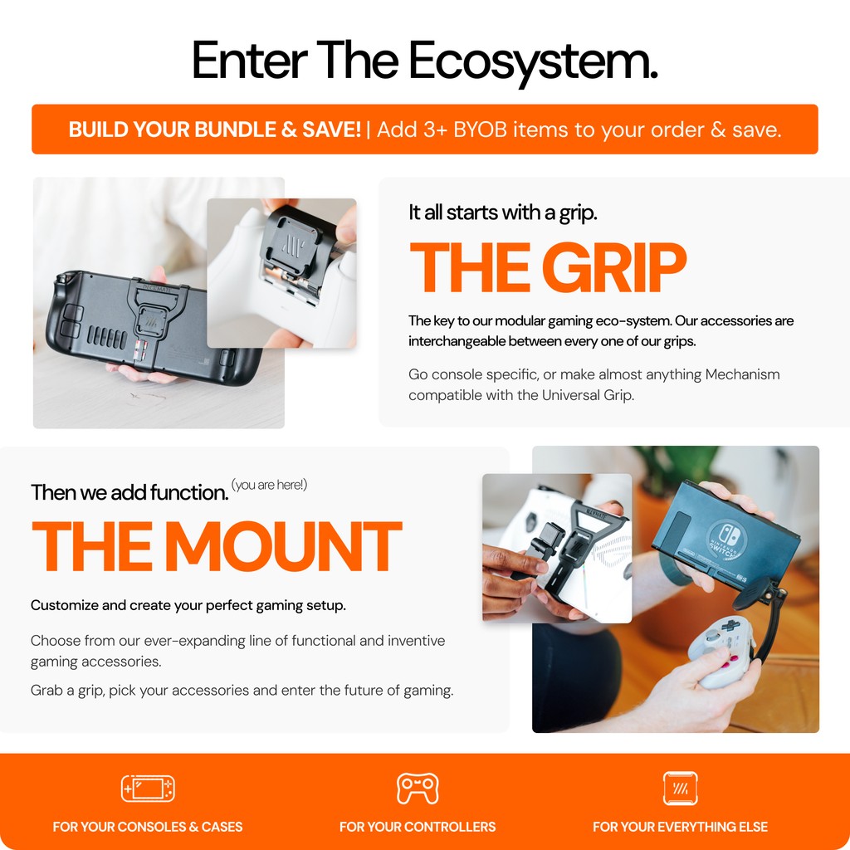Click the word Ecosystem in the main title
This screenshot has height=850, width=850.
tap(533, 62)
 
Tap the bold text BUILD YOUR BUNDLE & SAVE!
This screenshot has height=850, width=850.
tap(215, 129)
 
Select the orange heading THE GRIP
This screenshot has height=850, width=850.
tap(548, 267)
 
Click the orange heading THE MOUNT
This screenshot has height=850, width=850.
tap(217, 546)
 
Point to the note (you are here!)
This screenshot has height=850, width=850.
tap(269, 485)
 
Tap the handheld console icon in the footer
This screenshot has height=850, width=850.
tap(148, 789)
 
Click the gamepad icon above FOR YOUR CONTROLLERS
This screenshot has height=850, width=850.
tap(418, 789)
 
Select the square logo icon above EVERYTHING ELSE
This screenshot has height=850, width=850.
tap(681, 789)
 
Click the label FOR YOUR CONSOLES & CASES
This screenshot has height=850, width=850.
tap(148, 827)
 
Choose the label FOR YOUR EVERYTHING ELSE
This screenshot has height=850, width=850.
tap(681, 827)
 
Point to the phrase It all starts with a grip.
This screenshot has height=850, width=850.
tap(502, 212)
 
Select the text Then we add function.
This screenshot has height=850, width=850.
tap(129, 492)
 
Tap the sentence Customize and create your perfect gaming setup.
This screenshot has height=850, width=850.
tap(188, 605)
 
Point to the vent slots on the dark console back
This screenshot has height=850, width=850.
tap(107, 337)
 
